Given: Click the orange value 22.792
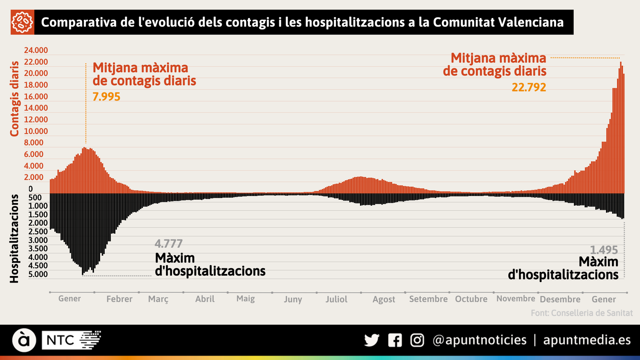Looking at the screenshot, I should click(x=529, y=87).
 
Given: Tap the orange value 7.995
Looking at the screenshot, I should click(x=106, y=97).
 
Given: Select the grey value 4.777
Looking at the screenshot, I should click(x=168, y=244).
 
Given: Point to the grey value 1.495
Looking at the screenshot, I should click(x=604, y=250).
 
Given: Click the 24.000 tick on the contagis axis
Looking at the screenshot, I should click(x=36, y=50).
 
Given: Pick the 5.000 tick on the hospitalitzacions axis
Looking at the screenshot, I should click(x=38, y=274).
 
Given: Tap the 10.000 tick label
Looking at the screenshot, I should click(x=36, y=131).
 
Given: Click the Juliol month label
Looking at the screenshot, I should click(x=336, y=299).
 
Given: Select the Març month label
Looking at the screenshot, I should click(x=158, y=299).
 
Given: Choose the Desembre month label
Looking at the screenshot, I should click(x=560, y=299).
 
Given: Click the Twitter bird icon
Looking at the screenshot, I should click(x=372, y=340).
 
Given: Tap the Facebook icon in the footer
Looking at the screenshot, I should click(x=395, y=340).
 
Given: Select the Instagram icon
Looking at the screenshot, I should click(x=417, y=340).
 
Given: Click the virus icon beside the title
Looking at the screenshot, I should click(x=22, y=22).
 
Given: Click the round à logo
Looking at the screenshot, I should click(x=24, y=340).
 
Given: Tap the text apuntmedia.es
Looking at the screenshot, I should click(x=587, y=340).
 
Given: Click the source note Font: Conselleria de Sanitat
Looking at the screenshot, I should click(x=582, y=313).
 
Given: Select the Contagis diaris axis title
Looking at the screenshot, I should click(x=15, y=99).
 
